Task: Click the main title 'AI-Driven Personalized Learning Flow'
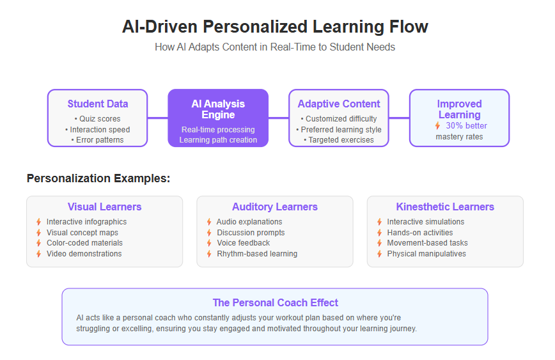tap(275, 27)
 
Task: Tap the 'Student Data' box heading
tap(98, 104)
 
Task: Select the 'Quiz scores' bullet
tap(97, 119)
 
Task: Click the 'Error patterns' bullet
tap(97, 140)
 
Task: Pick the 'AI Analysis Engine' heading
tap(218, 109)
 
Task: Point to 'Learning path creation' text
tap(218, 140)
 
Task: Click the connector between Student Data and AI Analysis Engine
tap(157, 118)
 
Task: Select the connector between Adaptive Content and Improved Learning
tap(399, 118)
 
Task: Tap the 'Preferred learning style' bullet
tap(339, 130)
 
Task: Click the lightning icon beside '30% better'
tap(438, 126)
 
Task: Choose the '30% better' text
tap(466, 126)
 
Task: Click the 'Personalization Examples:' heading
tap(98, 178)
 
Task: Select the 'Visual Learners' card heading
tap(104, 207)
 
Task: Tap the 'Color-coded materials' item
tap(84, 243)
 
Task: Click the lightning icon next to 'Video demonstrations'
tap(38, 254)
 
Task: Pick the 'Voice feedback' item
tap(243, 243)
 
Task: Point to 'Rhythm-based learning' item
tap(257, 254)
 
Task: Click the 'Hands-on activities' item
tap(420, 233)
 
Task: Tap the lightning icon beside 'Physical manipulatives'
tap(379, 254)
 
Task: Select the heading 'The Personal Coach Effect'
tap(276, 302)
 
